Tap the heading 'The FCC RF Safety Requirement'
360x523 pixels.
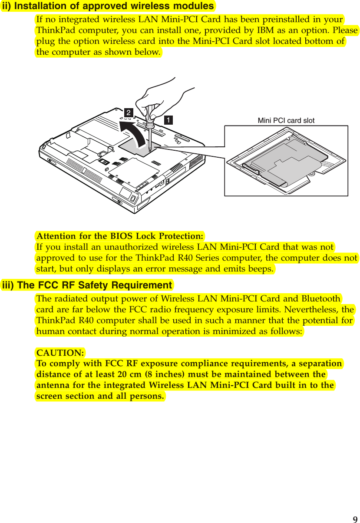87,285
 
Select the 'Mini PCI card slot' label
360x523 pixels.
286,121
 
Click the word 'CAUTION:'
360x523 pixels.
60,352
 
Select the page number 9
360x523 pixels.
355,519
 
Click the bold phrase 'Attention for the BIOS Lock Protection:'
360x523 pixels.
120,236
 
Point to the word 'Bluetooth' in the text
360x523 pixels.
320,299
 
